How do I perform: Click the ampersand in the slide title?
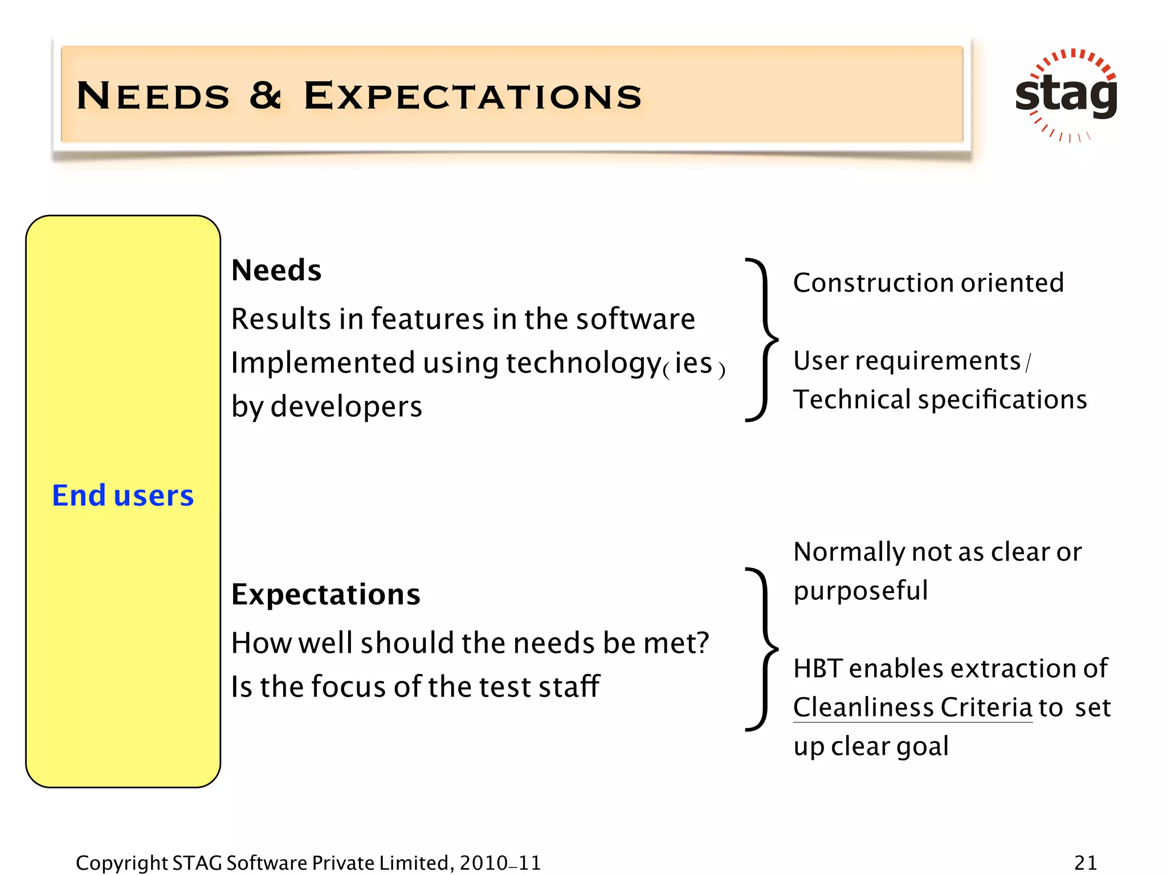click(x=266, y=95)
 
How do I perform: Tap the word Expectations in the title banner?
click(x=472, y=96)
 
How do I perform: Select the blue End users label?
click(x=123, y=495)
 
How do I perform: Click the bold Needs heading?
click(x=276, y=270)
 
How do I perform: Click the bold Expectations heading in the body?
click(x=325, y=595)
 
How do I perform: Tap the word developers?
click(x=346, y=407)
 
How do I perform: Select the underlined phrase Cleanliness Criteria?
click(x=912, y=708)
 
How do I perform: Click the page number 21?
click(x=1086, y=862)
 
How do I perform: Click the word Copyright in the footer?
click(x=121, y=863)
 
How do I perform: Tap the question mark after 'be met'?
click(x=702, y=643)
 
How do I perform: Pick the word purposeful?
click(x=860, y=591)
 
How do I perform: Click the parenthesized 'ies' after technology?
click(x=693, y=364)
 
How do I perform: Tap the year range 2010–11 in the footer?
click(x=500, y=862)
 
